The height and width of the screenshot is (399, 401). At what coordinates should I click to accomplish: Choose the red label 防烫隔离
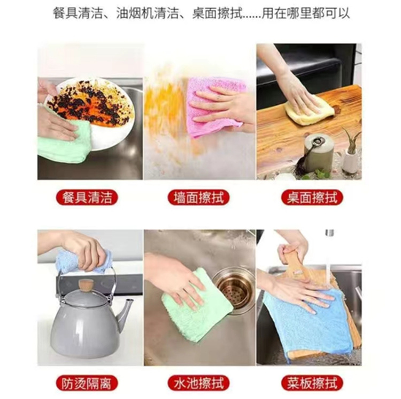pos(90,383)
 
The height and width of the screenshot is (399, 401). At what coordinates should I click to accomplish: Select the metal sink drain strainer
pos(232,287)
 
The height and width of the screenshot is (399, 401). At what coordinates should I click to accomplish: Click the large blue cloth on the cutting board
pos(307,321)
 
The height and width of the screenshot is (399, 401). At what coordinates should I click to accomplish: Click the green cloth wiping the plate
pos(64,142)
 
